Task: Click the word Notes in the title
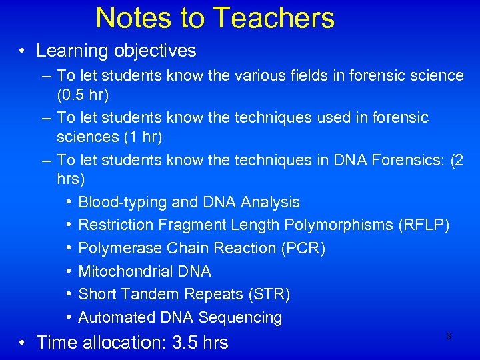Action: click(x=133, y=18)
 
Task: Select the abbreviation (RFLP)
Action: click(x=423, y=225)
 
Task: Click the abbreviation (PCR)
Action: click(x=303, y=248)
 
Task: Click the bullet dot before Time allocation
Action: click(x=23, y=343)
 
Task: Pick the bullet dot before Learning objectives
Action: click(x=23, y=51)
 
